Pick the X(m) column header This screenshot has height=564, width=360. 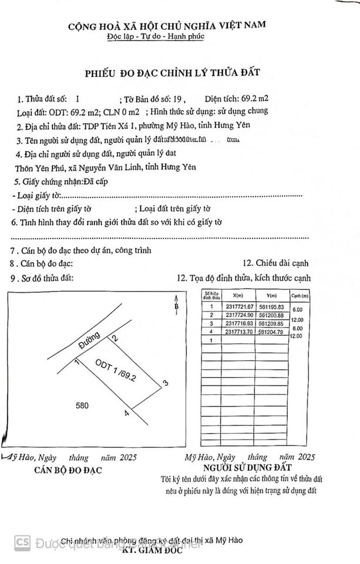tap(237, 296)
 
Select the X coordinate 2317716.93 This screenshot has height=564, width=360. tap(239, 324)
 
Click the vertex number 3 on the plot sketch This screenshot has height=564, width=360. tap(166, 384)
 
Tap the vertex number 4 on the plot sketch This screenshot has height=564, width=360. tap(126, 414)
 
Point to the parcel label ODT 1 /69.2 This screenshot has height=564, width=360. tap(116, 371)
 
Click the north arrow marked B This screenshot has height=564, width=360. tap(176, 308)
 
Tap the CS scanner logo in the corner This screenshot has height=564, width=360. tap(22, 541)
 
